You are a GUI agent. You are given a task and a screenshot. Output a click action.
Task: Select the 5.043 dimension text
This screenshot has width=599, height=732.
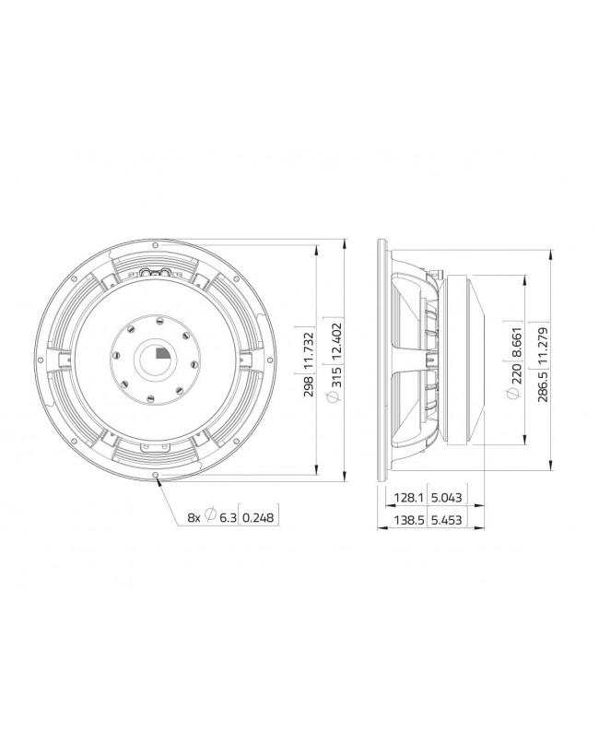pyautogui.click(x=447, y=499)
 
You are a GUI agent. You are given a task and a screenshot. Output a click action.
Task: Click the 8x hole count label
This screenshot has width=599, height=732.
pyautogui.click(x=194, y=518)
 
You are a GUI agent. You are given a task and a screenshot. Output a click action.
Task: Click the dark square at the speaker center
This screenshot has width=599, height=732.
pyautogui.click(x=162, y=351)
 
